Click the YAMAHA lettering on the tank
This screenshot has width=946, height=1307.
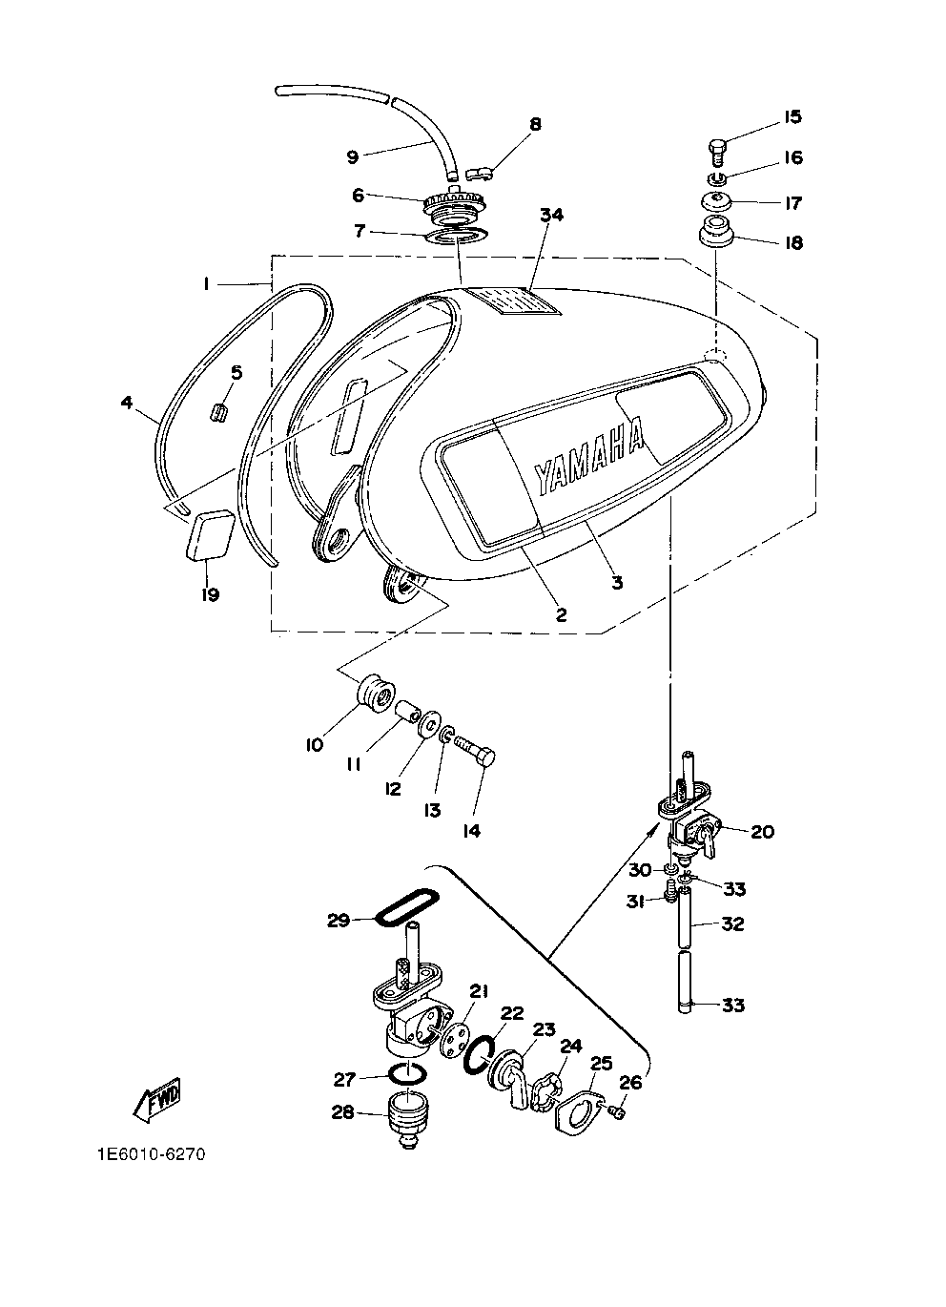click(589, 455)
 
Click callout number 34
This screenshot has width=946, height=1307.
click(552, 216)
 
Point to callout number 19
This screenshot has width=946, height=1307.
click(210, 594)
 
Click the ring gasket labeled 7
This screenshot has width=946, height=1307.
click(455, 237)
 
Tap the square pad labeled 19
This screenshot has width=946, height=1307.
click(210, 535)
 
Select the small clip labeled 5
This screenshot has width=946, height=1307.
click(218, 412)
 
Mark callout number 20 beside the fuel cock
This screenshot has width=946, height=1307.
click(762, 832)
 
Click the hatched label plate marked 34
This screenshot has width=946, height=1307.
click(514, 301)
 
